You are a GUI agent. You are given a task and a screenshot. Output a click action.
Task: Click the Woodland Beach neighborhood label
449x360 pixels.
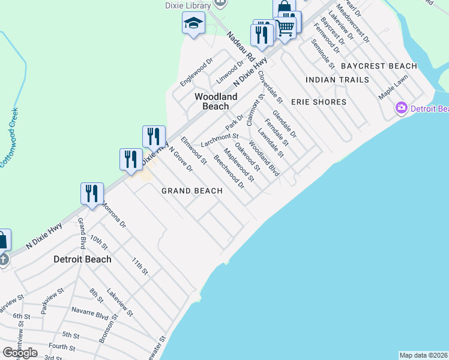(215, 101)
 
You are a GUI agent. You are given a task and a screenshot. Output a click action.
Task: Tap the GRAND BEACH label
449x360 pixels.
(192, 191)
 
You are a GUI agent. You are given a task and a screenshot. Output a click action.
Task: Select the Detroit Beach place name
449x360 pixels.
(82, 259)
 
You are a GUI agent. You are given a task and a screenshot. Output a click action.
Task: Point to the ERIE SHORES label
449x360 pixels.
(319, 102)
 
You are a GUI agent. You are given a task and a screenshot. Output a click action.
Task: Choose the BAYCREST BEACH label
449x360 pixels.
(378, 66)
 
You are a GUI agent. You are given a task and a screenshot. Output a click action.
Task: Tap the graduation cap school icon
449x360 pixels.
(193, 25)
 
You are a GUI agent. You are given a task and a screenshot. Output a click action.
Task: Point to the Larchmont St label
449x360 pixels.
(220, 140)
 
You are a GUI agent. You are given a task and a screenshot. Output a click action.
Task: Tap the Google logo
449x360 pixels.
(20, 353)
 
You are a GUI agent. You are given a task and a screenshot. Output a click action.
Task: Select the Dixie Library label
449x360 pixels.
(189, 5)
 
